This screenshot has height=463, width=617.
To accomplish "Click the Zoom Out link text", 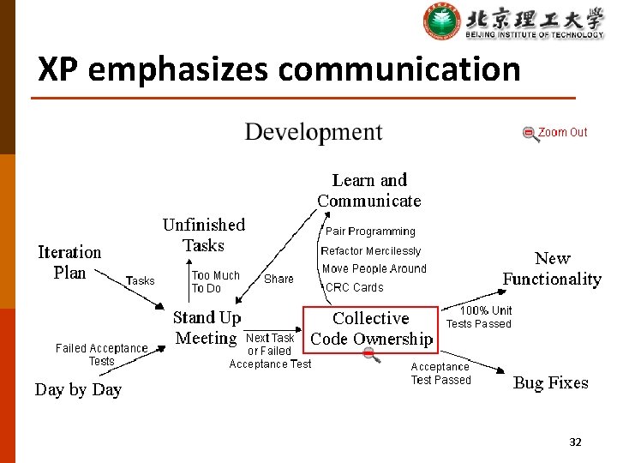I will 563,132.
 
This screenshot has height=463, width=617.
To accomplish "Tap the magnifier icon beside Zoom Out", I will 531,134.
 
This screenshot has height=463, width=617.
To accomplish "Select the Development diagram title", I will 314,132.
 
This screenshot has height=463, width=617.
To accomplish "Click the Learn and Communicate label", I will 369,190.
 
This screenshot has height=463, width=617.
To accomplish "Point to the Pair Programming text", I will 370,231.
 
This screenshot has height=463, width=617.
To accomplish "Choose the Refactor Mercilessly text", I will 371,251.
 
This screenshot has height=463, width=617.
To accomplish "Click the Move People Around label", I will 374,268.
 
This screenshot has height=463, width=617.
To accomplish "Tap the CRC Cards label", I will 355,288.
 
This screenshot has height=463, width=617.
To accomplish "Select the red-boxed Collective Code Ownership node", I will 371,328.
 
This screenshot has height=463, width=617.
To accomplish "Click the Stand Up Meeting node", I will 207,328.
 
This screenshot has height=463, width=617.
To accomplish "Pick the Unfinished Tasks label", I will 204,235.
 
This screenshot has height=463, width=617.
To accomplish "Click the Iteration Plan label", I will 69,262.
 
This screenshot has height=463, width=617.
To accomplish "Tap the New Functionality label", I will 552,268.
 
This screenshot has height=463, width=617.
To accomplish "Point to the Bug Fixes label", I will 550,383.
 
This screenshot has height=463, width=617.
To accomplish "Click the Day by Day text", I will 78,389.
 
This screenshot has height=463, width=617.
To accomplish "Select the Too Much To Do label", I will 215,282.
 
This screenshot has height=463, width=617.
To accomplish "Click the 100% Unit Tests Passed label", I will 479,317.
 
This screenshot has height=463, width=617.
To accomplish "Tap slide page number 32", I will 575,442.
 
